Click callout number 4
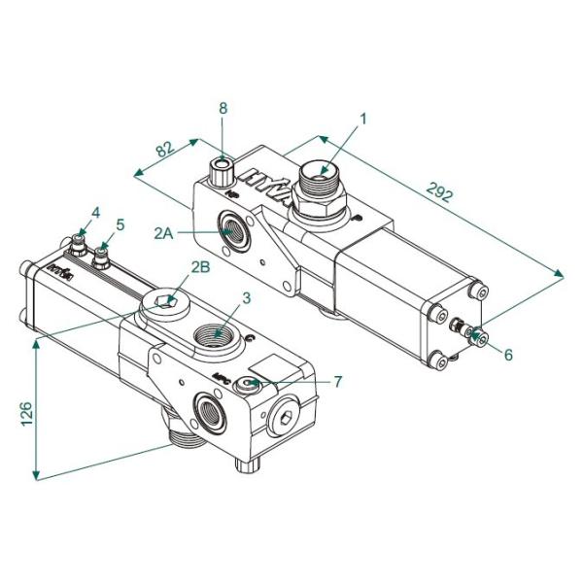tap(95, 213)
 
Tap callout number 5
tap(120, 224)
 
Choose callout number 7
tap(337, 382)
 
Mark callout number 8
tap(223, 108)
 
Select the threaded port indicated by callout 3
tap(218, 339)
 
